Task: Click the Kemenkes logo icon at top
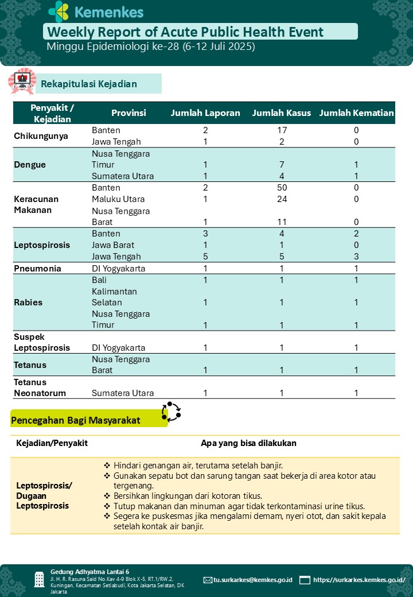tap(58, 11)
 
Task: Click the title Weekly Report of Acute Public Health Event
tap(185, 32)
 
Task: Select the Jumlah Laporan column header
tap(205, 113)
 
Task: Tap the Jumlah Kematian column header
tap(356, 113)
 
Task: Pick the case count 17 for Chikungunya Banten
tap(282, 130)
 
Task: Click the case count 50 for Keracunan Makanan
tap(282, 188)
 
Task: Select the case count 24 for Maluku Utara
tap(282, 199)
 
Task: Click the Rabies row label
tap(28, 302)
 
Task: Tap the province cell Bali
tap(99, 280)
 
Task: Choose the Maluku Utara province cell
tap(118, 199)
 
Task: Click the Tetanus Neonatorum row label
tap(40, 387)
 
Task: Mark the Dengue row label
tap(30, 165)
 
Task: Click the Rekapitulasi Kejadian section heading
tap(89, 84)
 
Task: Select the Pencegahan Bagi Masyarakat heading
tap(76, 420)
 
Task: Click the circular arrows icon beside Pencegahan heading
tap(171, 411)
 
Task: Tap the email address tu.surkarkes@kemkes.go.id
tap(252, 580)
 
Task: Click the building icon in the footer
tap(39, 579)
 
